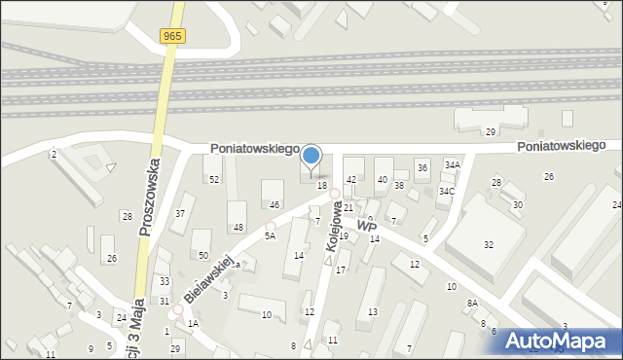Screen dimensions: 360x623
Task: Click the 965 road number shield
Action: tap(173, 36)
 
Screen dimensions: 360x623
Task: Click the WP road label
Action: tap(367, 226)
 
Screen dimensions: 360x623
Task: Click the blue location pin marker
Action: tap(311, 156)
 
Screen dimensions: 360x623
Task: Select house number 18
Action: tap(321, 185)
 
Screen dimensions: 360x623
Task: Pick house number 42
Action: tap(351, 180)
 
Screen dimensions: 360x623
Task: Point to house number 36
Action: tap(421, 167)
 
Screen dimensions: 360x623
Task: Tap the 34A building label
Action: tap(452, 165)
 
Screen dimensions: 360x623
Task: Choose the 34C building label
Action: tap(445, 191)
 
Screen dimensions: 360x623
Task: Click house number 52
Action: tap(213, 180)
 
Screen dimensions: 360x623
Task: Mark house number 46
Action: tap(275, 204)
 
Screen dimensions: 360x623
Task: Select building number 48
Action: tap(238, 227)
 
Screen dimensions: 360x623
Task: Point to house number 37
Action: tap(180, 213)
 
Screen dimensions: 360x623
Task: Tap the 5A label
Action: tap(271, 235)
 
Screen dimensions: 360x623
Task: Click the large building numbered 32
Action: tap(488, 244)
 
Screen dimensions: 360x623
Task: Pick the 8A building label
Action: tap(472, 303)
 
